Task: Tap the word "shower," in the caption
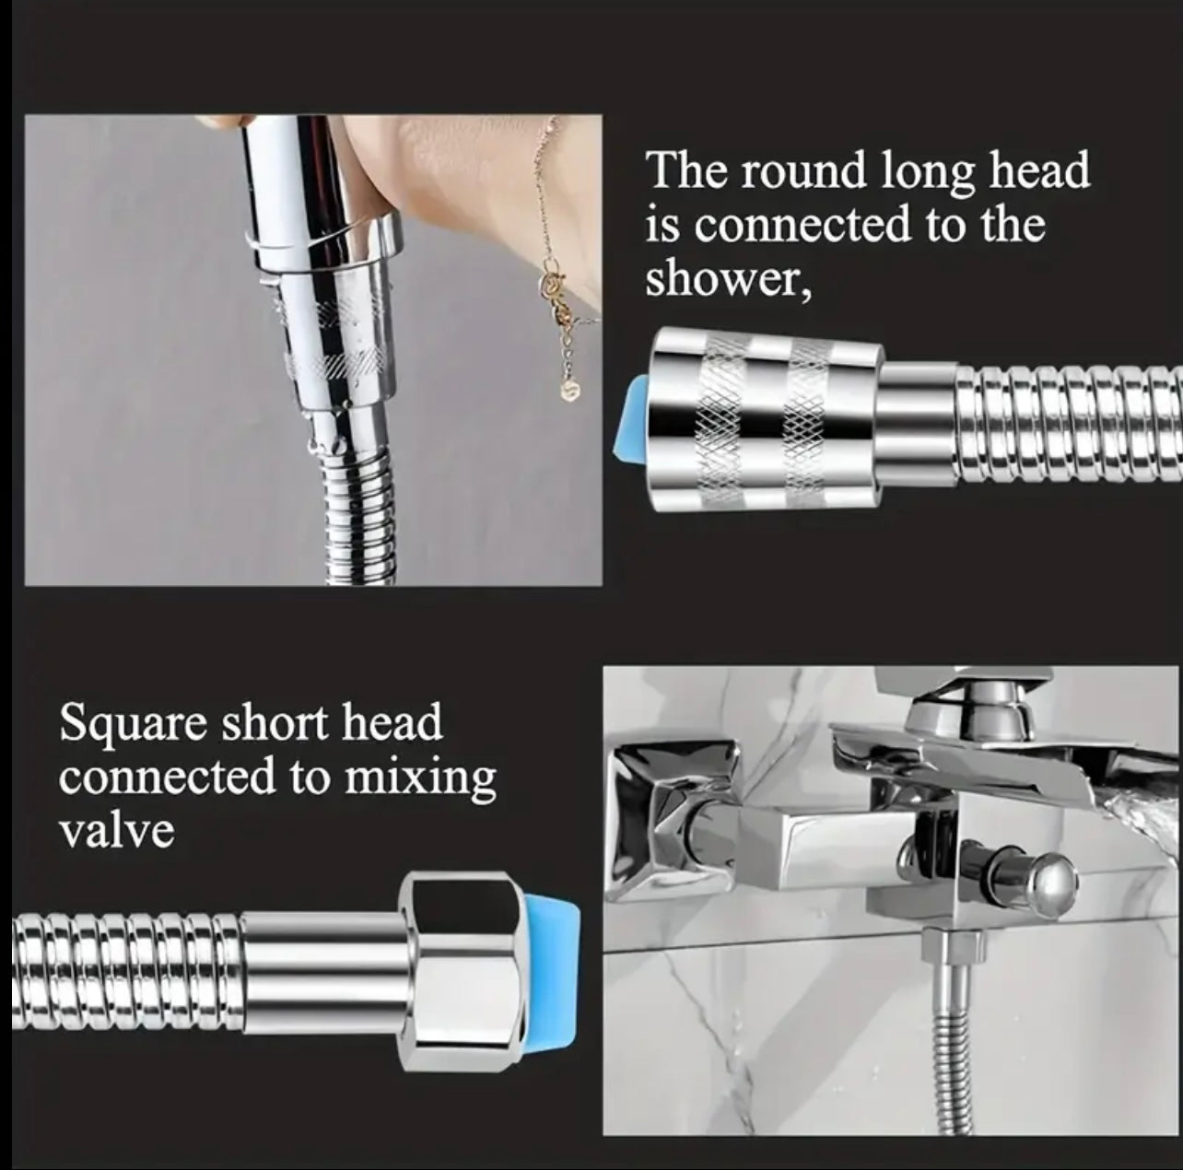pyautogui.click(x=728, y=278)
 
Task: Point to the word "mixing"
pyautogui.click(x=419, y=778)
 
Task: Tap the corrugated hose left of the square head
pyautogui.click(x=120, y=959)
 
